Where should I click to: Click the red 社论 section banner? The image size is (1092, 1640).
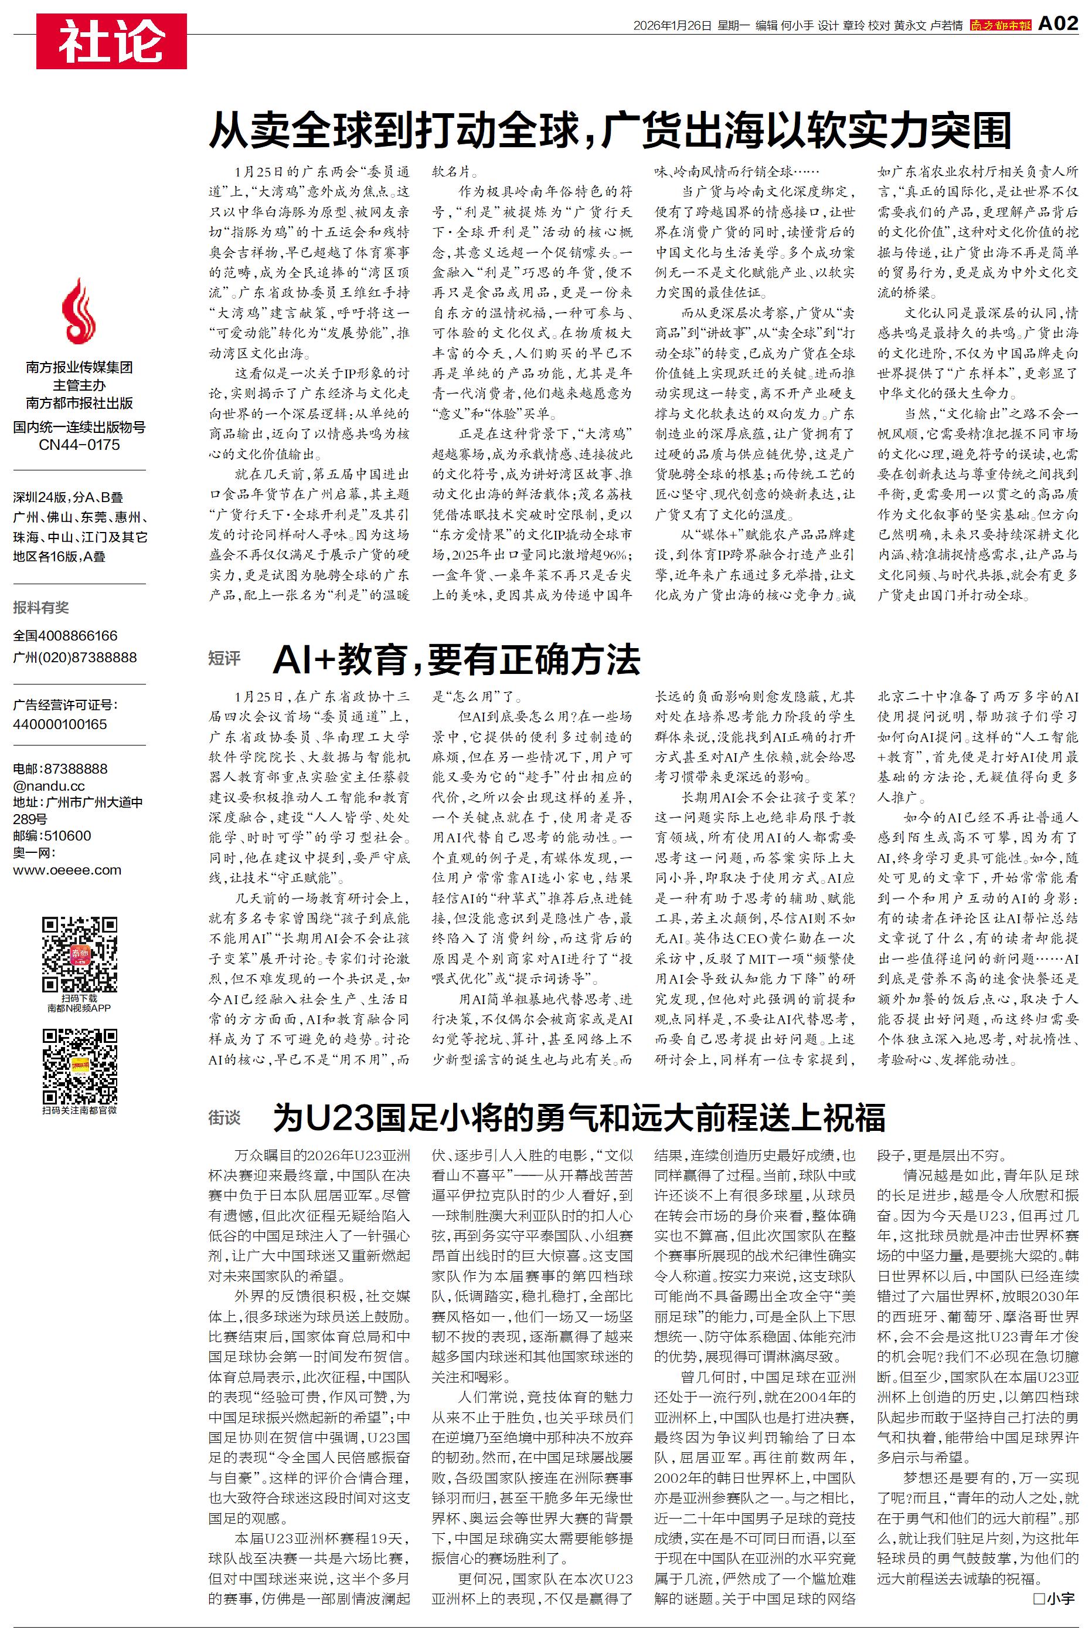(111, 40)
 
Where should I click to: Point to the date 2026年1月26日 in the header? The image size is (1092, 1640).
(672, 26)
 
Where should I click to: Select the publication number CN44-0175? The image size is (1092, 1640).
(79, 445)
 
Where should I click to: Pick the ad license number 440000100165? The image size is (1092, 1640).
(60, 724)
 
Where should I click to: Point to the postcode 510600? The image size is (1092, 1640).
(67, 835)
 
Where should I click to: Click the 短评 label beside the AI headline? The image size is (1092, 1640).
(224, 658)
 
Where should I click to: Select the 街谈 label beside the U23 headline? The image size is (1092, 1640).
(224, 1118)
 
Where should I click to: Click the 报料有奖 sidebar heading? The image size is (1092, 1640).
(41, 608)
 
